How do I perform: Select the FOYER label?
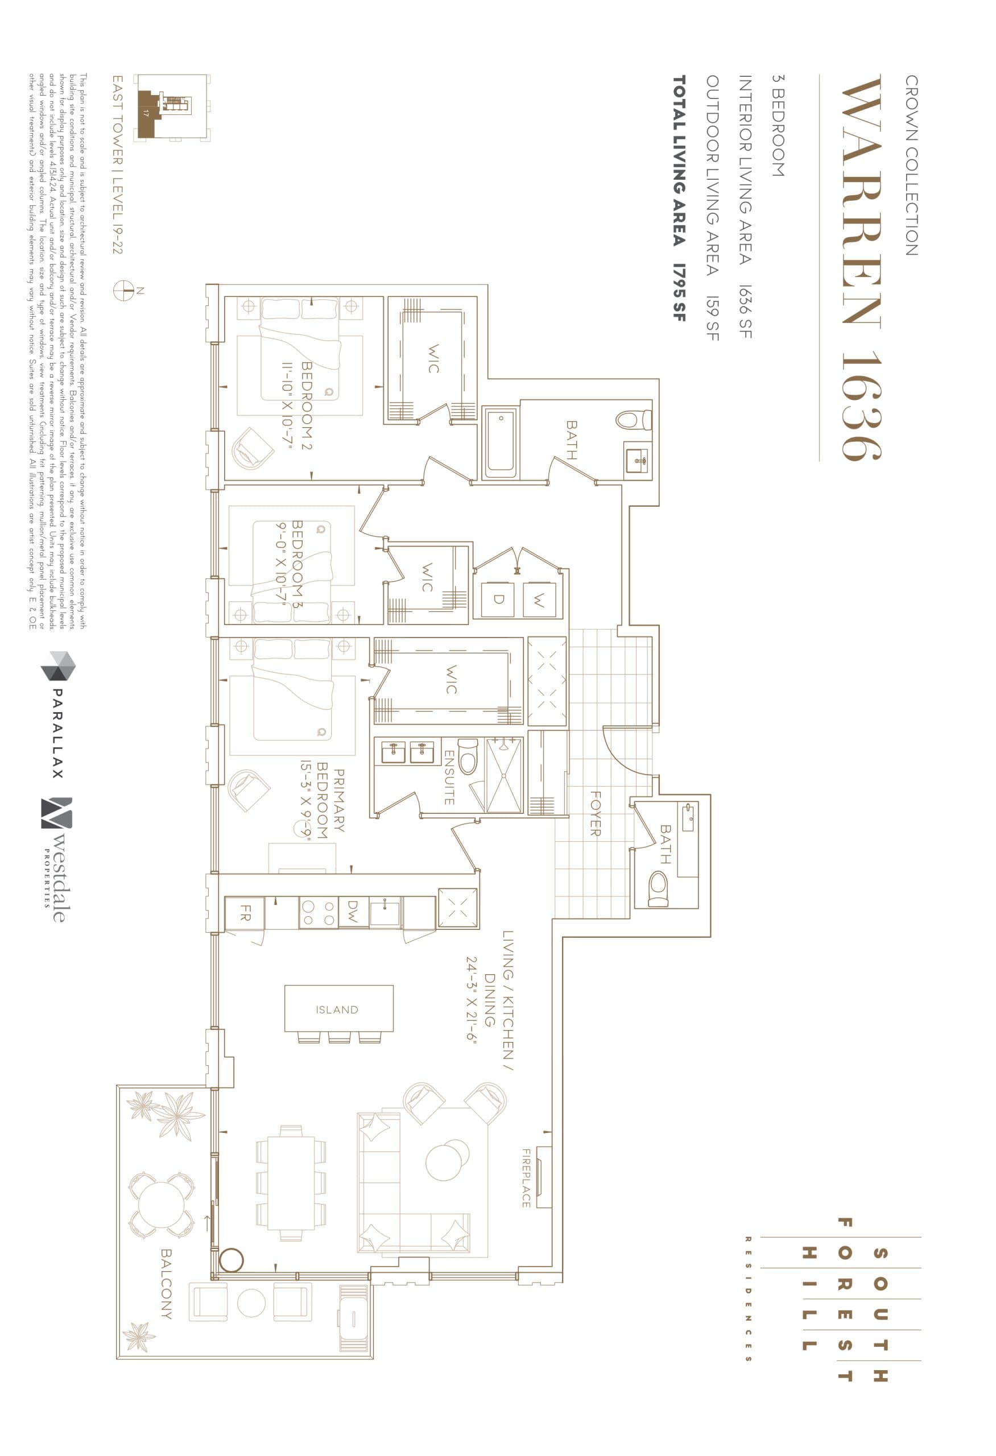click(x=595, y=813)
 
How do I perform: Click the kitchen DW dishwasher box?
click(x=353, y=912)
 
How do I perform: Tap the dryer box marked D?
click(x=499, y=599)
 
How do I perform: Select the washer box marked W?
click(x=539, y=599)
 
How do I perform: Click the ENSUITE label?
click(x=449, y=777)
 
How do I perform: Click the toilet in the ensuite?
click(x=468, y=758)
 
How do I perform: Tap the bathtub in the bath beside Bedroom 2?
click(x=501, y=442)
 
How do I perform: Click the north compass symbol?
click(x=124, y=290)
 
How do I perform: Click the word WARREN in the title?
click(x=862, y=202)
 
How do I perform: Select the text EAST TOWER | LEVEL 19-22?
click(x=118, y=164)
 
